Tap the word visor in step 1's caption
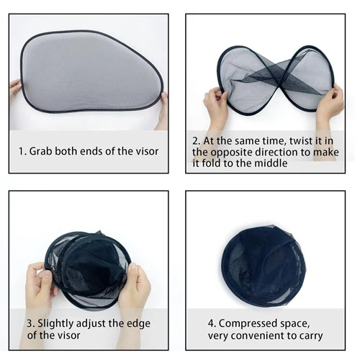click(x=147, y=151)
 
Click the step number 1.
click(x=22, y=152)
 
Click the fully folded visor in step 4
click(x=264, y=266)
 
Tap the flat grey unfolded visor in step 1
click(x=92, y=71)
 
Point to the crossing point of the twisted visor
click(x=278, y=81)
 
